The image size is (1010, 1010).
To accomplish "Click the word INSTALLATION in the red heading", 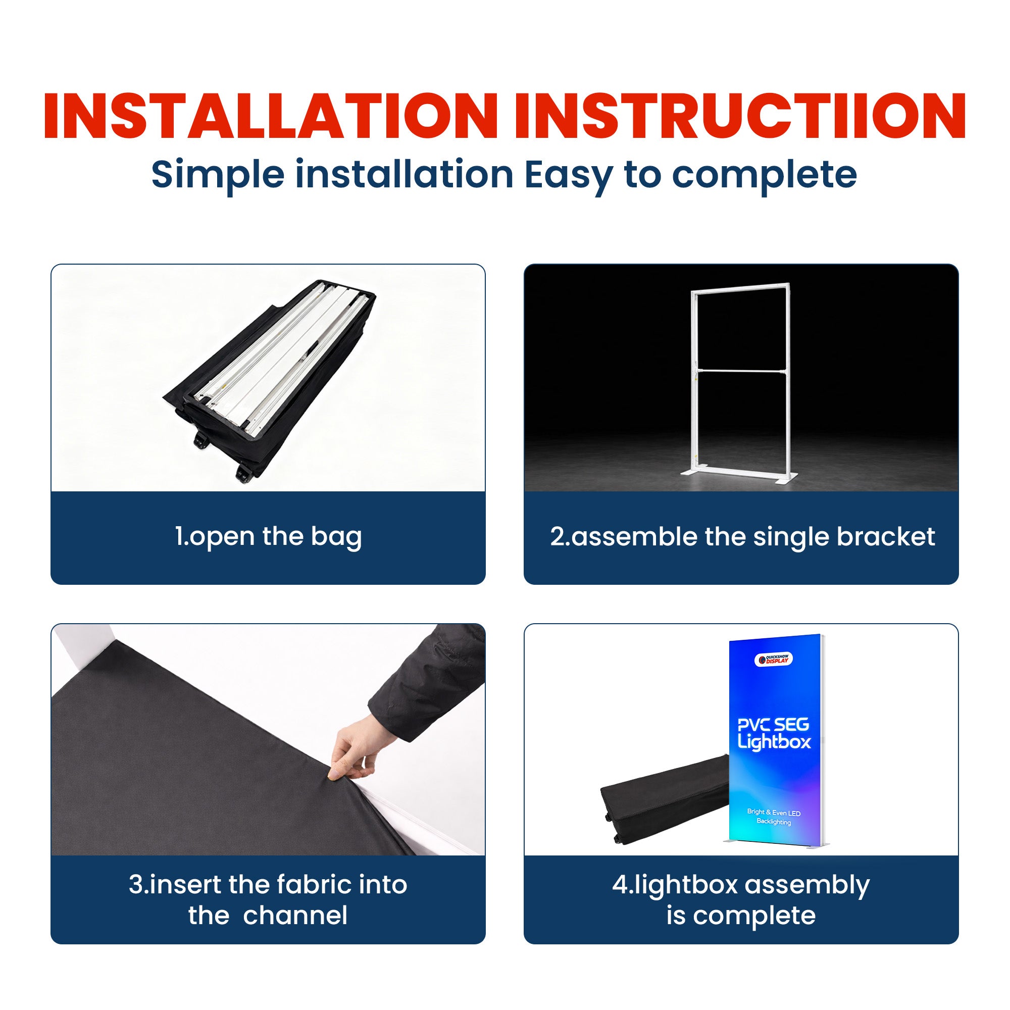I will (270, 116).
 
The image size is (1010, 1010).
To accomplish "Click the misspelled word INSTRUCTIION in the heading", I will (739, 116).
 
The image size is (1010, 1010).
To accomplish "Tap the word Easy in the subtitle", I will (568, 175).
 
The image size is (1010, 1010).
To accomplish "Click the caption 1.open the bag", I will (268, 536).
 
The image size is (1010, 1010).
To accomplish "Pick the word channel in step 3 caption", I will (295, 916).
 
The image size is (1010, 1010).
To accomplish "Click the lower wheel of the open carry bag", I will (242, 476).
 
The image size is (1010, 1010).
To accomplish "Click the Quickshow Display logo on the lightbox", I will (773, 659).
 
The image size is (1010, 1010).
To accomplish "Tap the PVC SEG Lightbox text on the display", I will (774, 733).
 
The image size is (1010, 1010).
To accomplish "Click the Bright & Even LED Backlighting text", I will (774, 817).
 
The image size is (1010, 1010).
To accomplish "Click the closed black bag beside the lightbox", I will (664, 797).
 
